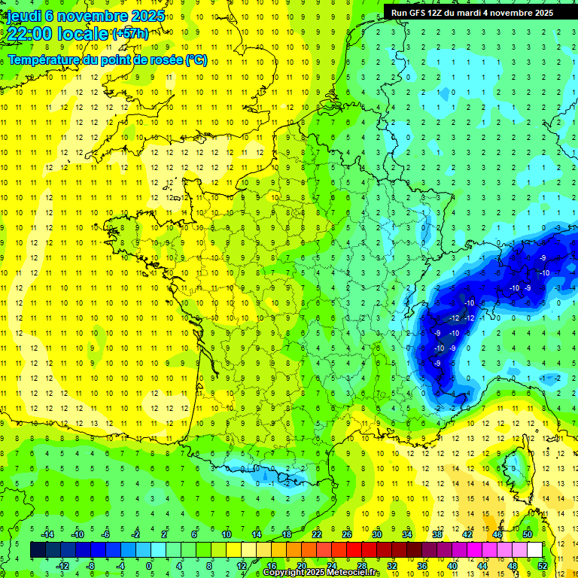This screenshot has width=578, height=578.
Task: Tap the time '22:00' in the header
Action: pos(29,33)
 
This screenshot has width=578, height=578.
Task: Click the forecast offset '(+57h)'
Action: pos(130,33)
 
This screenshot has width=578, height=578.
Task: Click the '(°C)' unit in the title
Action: pos(196,60)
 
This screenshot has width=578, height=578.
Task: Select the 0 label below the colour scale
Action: pos(148,565)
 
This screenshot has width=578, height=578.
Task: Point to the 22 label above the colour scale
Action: pos(317,534)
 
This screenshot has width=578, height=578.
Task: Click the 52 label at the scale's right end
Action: pos(543,565)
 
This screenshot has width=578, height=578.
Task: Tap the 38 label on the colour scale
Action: pos(437,534)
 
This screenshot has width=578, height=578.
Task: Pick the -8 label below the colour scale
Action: pos(90,565)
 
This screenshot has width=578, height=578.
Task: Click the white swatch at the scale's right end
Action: pos(534,549)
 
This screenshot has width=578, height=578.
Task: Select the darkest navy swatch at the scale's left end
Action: pos(38,549)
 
